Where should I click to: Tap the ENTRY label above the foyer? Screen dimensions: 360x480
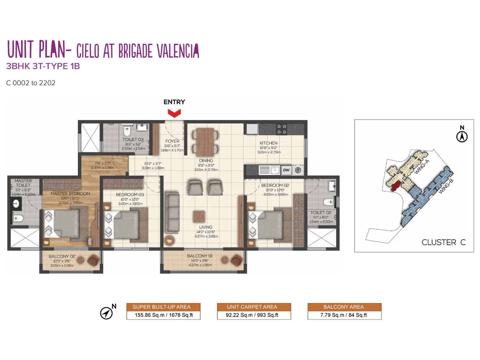tap(174, 102)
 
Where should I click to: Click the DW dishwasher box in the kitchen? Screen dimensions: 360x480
tap(286, 170)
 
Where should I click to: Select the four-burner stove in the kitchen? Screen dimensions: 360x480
tap(282, 129)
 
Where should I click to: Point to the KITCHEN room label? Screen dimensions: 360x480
tap(268, 143)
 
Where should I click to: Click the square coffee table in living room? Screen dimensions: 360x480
tap(199, 216)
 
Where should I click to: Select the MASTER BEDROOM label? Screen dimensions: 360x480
tap(70, 194)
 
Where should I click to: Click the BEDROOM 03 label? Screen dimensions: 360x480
tap(130, 194)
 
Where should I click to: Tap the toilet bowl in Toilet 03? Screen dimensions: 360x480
tap(127, 130)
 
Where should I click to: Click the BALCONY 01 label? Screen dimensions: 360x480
tap(200, 256)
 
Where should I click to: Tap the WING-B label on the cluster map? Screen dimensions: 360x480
tap(446, 186)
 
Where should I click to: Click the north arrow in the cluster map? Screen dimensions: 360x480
tap(462, 137)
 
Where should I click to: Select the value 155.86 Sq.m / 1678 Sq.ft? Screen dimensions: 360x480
tap(163, 315)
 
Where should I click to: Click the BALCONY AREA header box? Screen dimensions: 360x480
tap(344, 307)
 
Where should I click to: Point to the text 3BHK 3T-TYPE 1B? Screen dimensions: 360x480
tap(43, 66)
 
